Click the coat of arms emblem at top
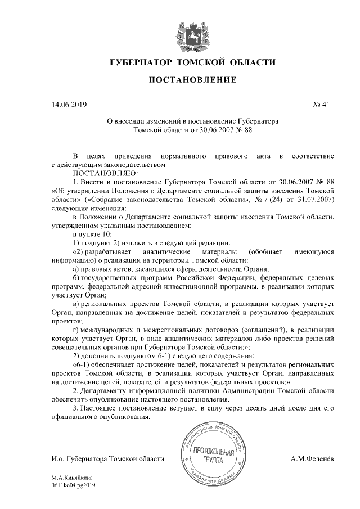point(183,31)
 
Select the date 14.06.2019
point(69,105)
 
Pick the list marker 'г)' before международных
point(77,329)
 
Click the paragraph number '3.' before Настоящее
point(76,408)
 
